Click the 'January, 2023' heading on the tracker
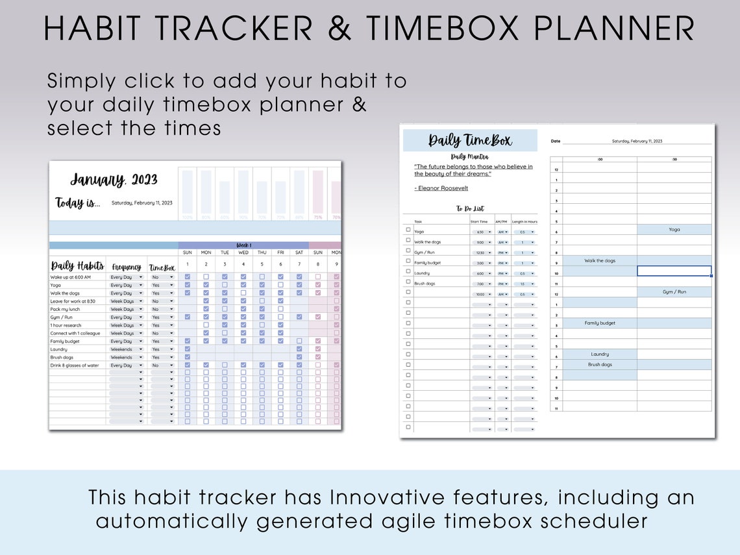[114, 180]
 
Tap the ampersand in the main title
[343, 28]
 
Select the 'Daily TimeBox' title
[470, 140]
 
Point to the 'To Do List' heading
[469, 209]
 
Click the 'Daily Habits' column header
[77, 266]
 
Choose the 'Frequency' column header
[127, 267]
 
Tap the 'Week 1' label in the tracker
[243, 245]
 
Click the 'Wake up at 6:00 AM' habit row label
[71, 277]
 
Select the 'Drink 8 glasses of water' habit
[75, 365]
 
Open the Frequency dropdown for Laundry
[140, 349]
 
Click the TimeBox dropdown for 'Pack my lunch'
[171, 309]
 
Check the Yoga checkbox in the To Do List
[408, 230]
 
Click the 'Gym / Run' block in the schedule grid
[674, 292]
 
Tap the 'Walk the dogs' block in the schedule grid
[600, 261]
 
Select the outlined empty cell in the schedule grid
[674, 271]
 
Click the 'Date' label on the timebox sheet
[556, 141]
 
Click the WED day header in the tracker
[243, 253]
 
